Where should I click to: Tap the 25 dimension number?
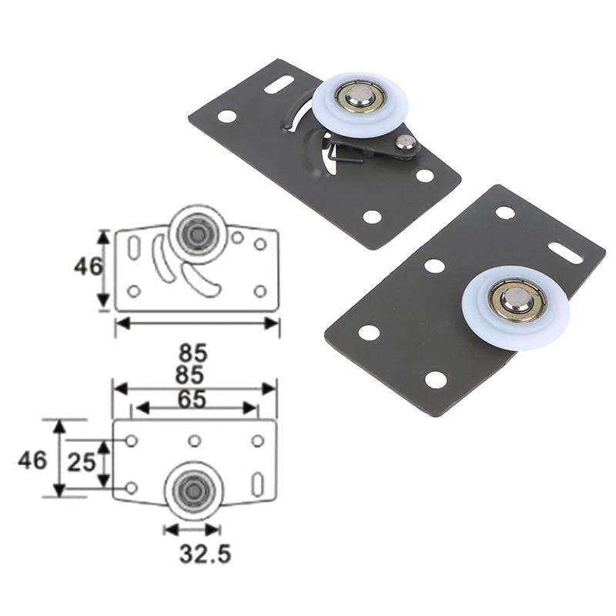(82, 463)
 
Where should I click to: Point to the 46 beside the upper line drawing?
(88, 266)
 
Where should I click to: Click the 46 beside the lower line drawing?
(32, 460)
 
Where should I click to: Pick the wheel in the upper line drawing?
(199, 233)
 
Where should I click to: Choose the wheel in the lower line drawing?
(192, 490)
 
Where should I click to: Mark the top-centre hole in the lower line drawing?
(195, 440)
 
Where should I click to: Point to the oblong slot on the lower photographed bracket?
(565, 251)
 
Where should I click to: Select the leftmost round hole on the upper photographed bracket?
(226, 116)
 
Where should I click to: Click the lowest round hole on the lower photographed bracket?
(436, 380)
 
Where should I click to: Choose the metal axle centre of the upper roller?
(358, 96)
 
